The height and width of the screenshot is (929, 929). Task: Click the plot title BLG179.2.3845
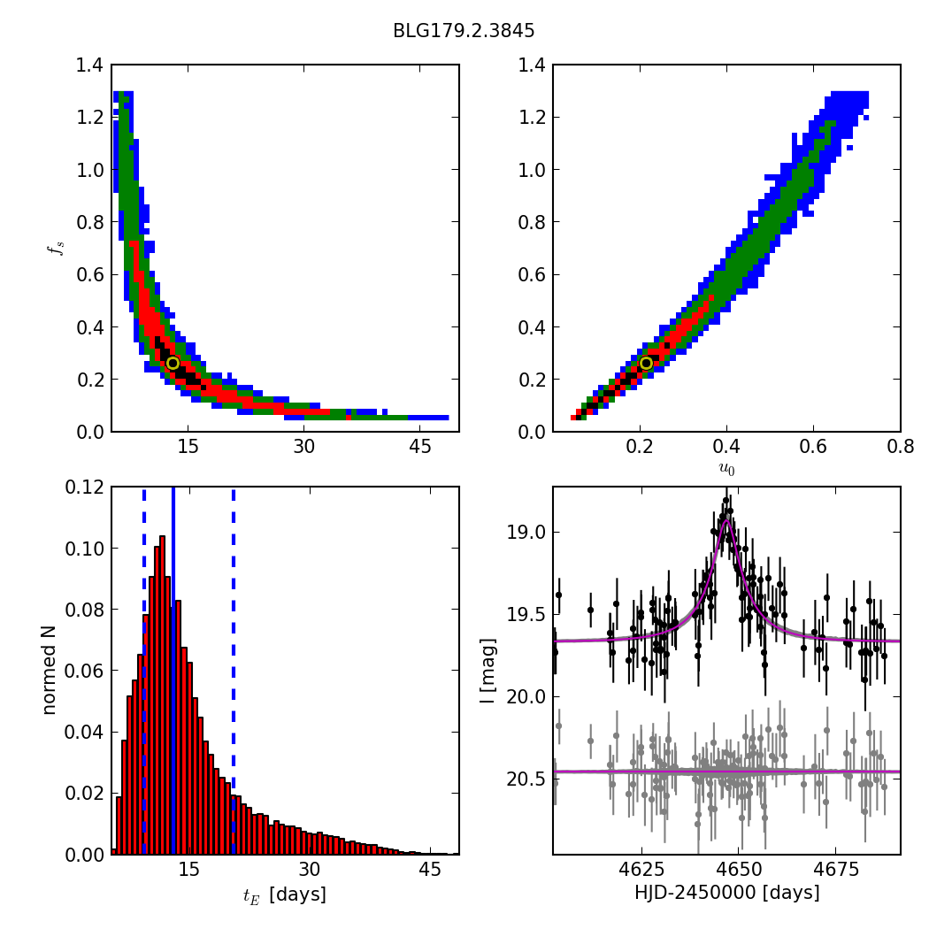pos(464,31)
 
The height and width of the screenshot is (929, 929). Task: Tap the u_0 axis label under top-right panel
pos(726,469)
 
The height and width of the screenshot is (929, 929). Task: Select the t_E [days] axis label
pos(284,894)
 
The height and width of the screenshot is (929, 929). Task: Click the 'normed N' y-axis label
pos(50,671)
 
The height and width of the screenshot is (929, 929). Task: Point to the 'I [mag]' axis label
pos(488,671)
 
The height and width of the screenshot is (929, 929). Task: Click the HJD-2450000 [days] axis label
pos(726,893)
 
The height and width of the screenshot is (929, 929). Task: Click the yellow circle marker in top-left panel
pos(173,363)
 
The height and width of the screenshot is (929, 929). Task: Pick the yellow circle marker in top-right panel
pos(646,363)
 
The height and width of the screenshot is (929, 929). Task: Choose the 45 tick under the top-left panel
pos(418,448)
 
